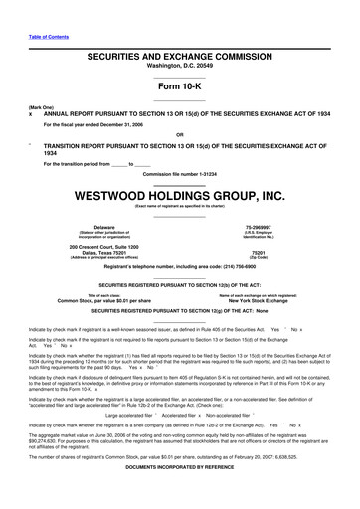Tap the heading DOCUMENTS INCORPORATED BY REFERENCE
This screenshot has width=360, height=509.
tap(179, 497)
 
